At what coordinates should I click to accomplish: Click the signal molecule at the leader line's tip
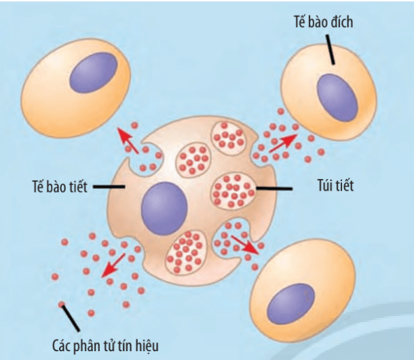click(62, 304)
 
